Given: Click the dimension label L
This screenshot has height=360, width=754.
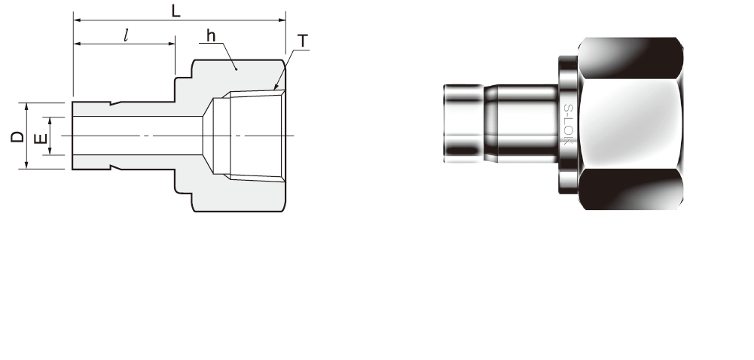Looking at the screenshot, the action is click(x=176, y=11).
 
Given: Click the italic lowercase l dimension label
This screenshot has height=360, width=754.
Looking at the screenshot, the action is click(x=126, y=35).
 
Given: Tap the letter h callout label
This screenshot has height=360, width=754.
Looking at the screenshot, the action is click(x=211, y=35).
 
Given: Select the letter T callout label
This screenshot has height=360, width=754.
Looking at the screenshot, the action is click(x=303, y=41).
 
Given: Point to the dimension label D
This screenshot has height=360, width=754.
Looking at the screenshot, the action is click(x=17, y=136).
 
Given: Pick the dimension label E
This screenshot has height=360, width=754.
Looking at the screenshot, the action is click(x=41, y=139).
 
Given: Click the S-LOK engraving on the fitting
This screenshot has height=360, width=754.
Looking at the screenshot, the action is click(x=568, y=124).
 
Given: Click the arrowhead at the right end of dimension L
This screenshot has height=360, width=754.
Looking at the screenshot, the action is click(x=282, y=20).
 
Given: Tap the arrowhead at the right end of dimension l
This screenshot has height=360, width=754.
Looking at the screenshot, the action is click(x=171, y=44).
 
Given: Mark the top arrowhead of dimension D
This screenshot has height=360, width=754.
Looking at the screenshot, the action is click(x=27, y=105).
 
